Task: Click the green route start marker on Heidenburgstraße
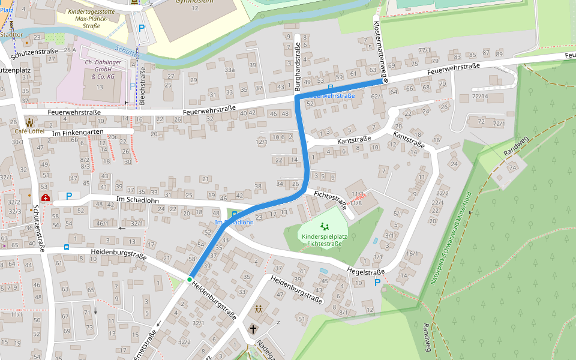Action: [190, 280]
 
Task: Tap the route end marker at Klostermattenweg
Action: [386, 80]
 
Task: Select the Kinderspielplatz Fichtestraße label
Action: [323, 240]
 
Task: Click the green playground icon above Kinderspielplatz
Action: [325, 226]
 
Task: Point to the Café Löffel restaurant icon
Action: [29, 121]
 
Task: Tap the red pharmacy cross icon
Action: [46, 197]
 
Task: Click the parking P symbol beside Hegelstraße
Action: [377, 283]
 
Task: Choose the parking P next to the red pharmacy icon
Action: [69, 196]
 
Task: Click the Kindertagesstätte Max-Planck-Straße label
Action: [91, 19]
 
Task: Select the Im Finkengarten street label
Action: [78, 132]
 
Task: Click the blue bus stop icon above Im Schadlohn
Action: [234, 214]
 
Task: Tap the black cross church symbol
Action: [253, 329]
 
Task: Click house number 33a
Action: [229, 70]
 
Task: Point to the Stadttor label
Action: [11, 35]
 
